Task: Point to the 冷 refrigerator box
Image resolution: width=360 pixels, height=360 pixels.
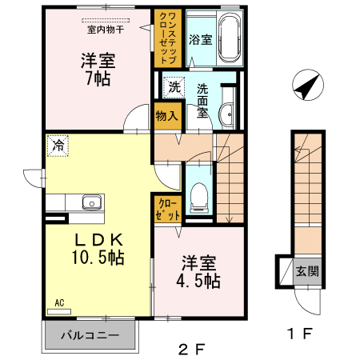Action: [x=58, y=146]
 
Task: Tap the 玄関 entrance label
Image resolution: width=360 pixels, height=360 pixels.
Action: [x=307, y=271]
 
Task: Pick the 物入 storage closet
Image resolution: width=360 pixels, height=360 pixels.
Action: [x=167, y=115]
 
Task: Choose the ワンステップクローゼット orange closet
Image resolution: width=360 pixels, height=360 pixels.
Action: [x=168, y=38]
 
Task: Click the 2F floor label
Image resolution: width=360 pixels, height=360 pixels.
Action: [x=191, y=349]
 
